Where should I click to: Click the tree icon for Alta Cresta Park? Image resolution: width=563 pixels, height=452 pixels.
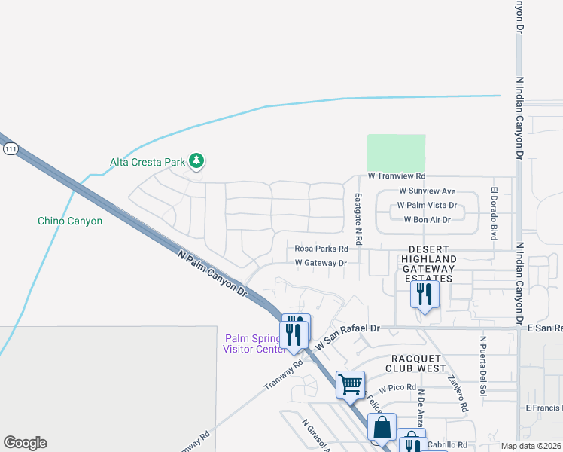(x=196, y=160)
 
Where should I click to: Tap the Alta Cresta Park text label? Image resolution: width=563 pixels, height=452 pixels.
(x=148, y=161)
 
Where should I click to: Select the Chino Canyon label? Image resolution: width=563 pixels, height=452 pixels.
(x=70, y=221)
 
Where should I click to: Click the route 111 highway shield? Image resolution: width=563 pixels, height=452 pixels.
(x=10, y=150)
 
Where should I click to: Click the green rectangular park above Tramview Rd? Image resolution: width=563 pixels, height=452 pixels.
(x=396, y=153)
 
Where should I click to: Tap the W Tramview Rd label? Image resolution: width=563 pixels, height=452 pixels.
(x=397, y=176)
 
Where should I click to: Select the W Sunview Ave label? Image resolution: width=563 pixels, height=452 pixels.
(x=428, y=191)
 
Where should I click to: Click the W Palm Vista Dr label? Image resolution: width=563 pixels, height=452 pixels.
(x=428, y=205)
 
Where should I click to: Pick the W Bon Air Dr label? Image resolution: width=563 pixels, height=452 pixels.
(x=427, y=220)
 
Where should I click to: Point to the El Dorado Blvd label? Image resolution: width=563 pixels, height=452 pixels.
(x=495, y=213)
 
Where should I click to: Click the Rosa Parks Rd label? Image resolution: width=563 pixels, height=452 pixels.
(x=321, y=248)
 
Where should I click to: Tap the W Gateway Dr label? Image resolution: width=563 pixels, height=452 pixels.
(x=321, y=263)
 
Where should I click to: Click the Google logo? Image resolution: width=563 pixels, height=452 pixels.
(x=25, y=443)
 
